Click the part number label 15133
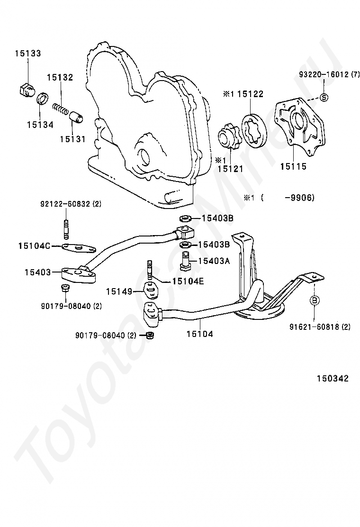(27, 54)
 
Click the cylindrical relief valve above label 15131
(76, 116)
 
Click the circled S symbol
(324, 98)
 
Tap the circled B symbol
(315, 301)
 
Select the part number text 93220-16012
(324, 74)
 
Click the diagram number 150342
(333, 378)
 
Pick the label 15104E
(188, 281)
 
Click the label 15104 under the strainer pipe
(199, 334)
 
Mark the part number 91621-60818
(320, 327)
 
